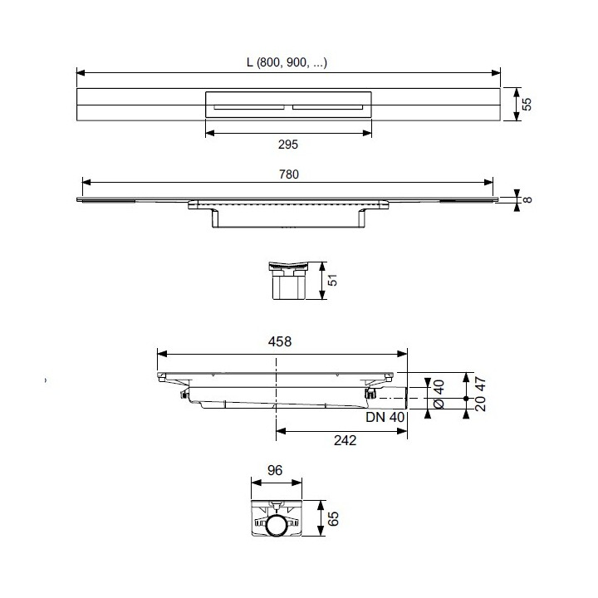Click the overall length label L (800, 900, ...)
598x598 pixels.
pyautogui.click(x=287, y=62)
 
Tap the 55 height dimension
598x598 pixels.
pyautogui.click(x=526, y=105)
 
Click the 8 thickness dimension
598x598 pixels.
pyautogui.click(x=526, y=199)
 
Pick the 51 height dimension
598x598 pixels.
pyautogui.click(x=333, y=282)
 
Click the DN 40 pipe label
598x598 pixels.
pyautogui.click(x=384, y=417)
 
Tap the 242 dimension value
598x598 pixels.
pyautogui.click(x=342, y=440)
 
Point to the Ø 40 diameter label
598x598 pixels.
pyautogui.click(x=439, y=395)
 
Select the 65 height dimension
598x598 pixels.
pyautogui.click(x=334, y=520)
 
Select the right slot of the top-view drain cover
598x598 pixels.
pyautogui.click(x=326, y=106)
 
